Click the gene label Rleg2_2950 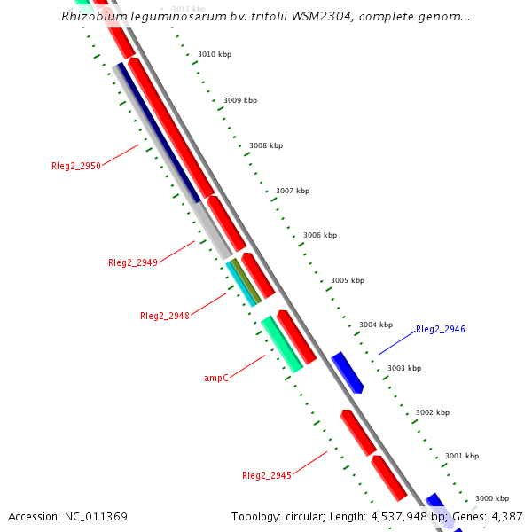click(x=76, y=166)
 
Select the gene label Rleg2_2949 click(x=133, y=262)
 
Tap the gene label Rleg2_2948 click(x=165, y=316)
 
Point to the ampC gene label click(x=216, y=378)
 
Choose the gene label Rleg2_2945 click(x=267, y=475)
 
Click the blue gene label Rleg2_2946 click(x=441, y=329)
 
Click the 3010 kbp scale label click(x=215, y=55)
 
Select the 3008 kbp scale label click(x=266, y=145)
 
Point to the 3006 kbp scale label click(x=320, y=235)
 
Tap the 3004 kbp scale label click(x=376, y=325)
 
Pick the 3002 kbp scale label click(x=433, y=412)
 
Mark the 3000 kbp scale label click(x=492, y=498)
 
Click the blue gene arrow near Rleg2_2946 click(x=347, y=372)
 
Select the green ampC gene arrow click(x=282, y=344)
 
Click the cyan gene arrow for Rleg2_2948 click(x=240, y=283)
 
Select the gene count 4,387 click(x=506, y=516)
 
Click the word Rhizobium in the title click(x=91, y=16)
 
